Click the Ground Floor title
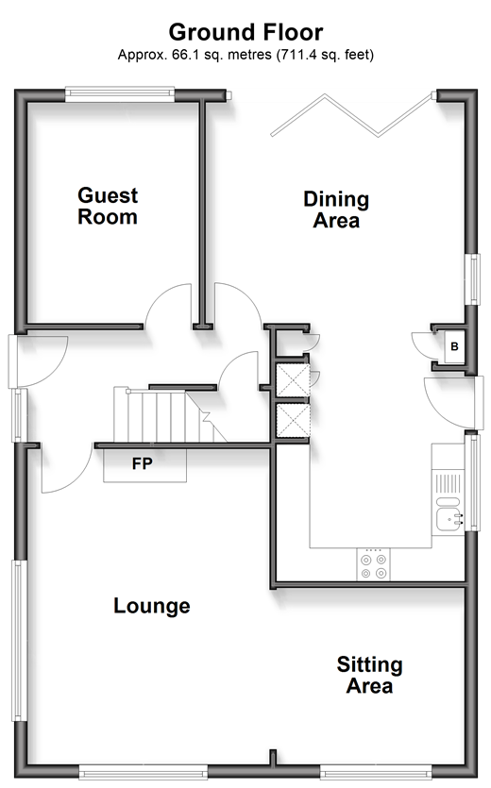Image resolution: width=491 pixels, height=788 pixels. (x=245, y=33)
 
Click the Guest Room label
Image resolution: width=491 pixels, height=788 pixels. (x=108, y=206)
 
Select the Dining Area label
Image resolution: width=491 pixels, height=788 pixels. (x=336, y=210)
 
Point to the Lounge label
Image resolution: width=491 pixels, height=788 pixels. (x=152, y=606)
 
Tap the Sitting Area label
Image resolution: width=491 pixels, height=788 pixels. (x=370, y=675)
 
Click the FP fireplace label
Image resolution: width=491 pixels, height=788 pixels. (x=143, y=463)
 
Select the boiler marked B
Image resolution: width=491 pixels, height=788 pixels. (x=455, y=346)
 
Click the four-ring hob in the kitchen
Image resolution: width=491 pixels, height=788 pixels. (x=373, y=564)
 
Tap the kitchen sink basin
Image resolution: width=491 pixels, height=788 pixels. (x=447, y=520)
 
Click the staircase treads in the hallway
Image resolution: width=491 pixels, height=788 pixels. (x=166, y=415)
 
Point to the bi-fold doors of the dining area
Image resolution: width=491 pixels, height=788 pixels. (x=351, y=115)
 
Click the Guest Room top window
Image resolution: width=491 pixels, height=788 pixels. (x=120, y=94)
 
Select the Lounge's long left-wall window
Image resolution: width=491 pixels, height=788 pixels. (x=20, y=641)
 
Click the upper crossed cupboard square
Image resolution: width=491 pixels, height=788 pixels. (x=293, y=381)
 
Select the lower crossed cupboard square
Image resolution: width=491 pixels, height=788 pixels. (x=293, y=420)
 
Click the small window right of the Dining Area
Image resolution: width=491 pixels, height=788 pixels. (x=473, y=279)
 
